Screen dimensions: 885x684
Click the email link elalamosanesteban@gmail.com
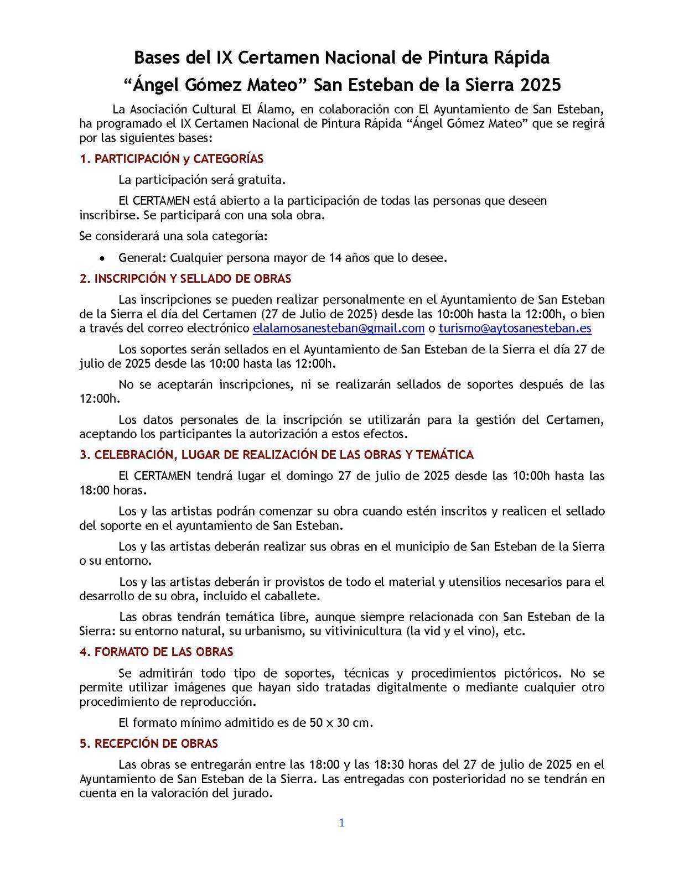point(338,328)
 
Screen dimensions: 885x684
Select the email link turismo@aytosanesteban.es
point(515,328)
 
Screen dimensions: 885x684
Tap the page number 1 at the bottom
point(342,823)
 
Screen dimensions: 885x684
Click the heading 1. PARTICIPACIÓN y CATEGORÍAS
point(172,159)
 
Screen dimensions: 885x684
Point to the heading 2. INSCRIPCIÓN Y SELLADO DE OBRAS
point(185,278)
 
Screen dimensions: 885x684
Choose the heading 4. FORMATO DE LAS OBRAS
point(156,652)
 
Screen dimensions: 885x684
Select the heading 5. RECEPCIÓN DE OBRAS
point(148,743)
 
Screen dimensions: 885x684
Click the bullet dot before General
point(102,258)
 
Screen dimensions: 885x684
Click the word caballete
point(294,596)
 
